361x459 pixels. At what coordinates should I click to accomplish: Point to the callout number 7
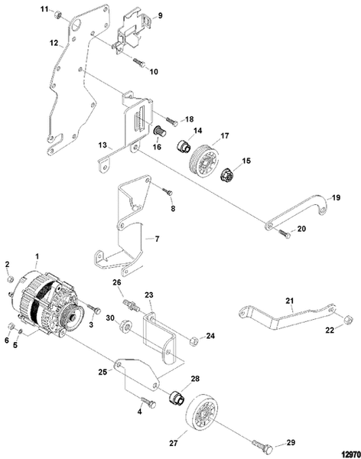(158, 239)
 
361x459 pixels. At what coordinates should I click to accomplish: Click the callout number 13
(102, 144)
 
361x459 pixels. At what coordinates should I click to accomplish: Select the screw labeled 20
(284, 233)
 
